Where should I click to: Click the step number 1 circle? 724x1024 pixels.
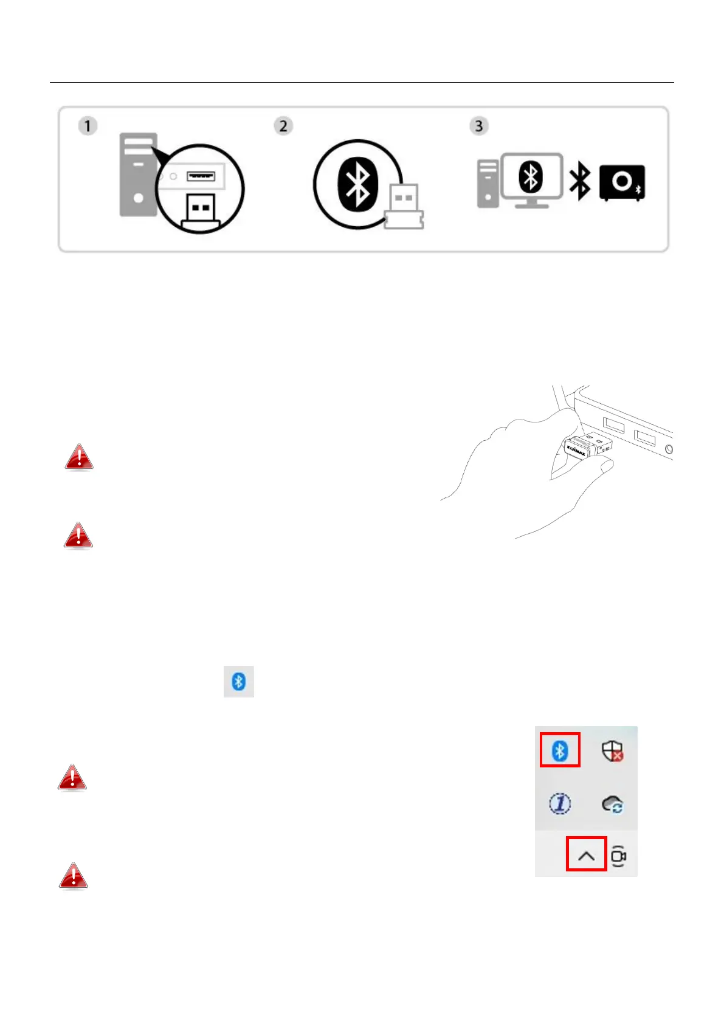tap(88, 126)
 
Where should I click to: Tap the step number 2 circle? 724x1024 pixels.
tap(283, 126)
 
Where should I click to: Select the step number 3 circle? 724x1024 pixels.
tap(479, 126)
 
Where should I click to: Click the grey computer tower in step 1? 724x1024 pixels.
tap(138, 175)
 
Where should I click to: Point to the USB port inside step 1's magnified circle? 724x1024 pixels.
tap(201, 176)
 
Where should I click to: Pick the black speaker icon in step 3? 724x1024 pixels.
tap(622, 182)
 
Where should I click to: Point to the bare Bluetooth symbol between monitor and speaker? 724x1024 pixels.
tap(579, 181)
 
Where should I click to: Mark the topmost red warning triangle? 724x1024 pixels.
tap(79, 457)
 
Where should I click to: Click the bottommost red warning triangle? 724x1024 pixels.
tap(73, 876)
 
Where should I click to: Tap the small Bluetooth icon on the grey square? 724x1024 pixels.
tap(239, 682)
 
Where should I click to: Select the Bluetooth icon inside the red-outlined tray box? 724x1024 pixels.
tap(560, 751)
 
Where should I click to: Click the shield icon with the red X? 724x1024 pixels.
tap(612, 752)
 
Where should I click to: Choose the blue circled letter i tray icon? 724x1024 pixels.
tap(560, 804)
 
